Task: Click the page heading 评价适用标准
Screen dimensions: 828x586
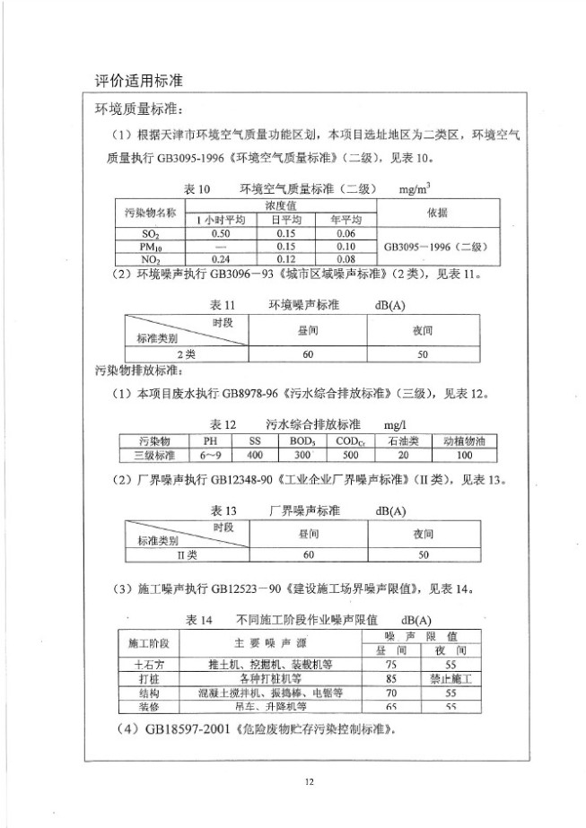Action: pyautogui.click(x=139, y=81)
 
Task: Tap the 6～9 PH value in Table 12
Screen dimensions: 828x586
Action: pyautogui.click(x=210, y=455)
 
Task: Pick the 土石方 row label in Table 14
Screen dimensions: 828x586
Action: pyautogui.click(x=148, y=666)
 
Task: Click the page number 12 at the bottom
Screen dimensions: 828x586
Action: pyautogui.click(x=310, y=782)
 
